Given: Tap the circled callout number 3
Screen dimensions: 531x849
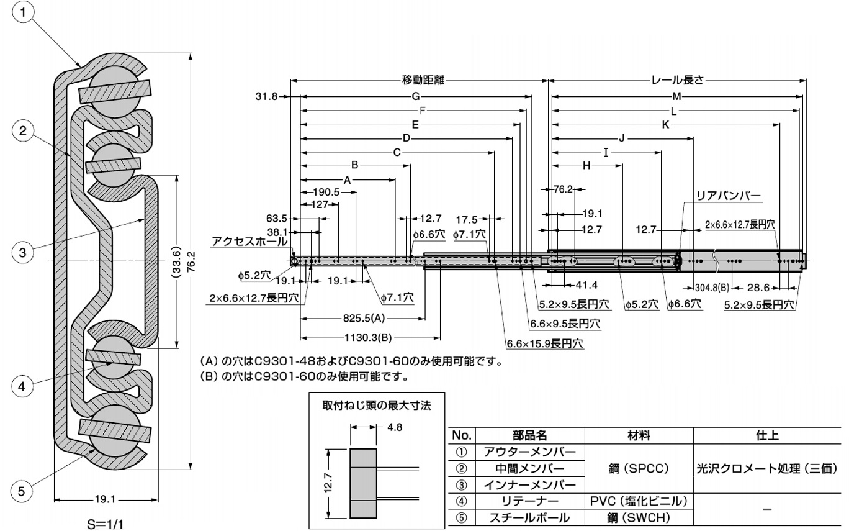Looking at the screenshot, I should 22,252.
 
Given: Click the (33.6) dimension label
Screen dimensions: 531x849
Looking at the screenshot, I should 177,261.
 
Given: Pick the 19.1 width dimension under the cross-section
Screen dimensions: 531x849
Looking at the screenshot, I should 106,499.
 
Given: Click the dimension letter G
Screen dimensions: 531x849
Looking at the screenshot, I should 416,96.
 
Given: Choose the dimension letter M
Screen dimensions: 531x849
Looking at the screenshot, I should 677,96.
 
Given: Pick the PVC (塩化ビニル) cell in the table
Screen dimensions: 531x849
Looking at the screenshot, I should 639,501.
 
